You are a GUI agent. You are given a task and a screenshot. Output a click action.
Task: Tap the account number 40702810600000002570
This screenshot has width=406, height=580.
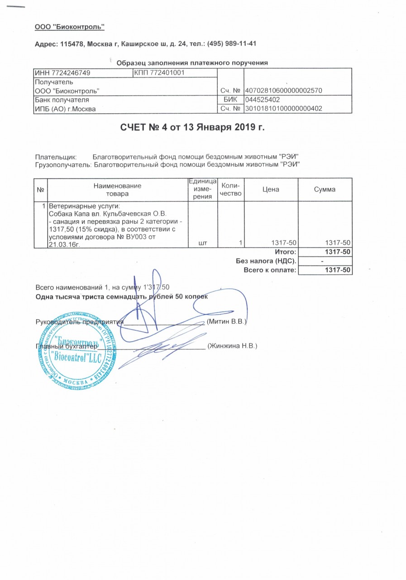point(283,91)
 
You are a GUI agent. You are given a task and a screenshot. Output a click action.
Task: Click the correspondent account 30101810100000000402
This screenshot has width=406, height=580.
point(283,109)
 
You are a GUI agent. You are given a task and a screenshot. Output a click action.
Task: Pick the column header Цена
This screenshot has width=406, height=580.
point(271,189)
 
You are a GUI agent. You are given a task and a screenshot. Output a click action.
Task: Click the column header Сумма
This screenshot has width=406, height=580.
point(325,189)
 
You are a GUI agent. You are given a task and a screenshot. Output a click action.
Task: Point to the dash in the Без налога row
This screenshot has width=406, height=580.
point(322,261)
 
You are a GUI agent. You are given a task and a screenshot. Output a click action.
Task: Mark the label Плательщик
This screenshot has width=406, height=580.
point(56,156)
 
